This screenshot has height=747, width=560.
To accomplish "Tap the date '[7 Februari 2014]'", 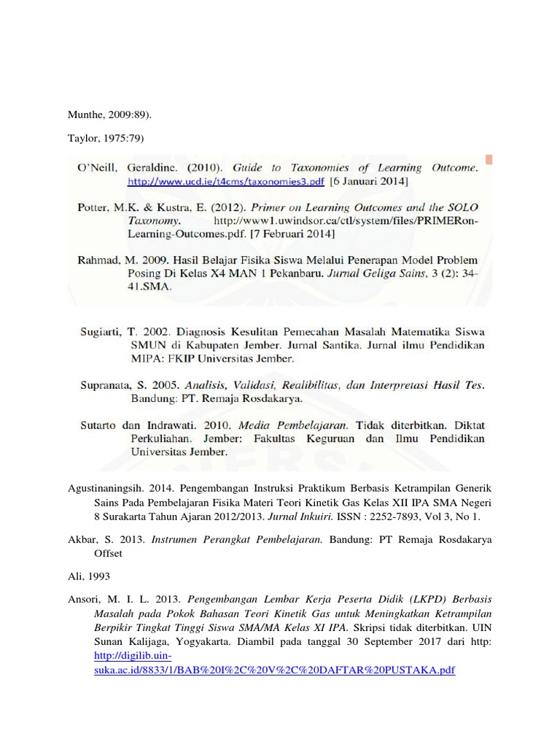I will (x=292, y=233).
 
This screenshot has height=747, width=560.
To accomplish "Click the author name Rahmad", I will (x=99, y=260).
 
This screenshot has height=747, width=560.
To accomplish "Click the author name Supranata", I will (x=106, y=385).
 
